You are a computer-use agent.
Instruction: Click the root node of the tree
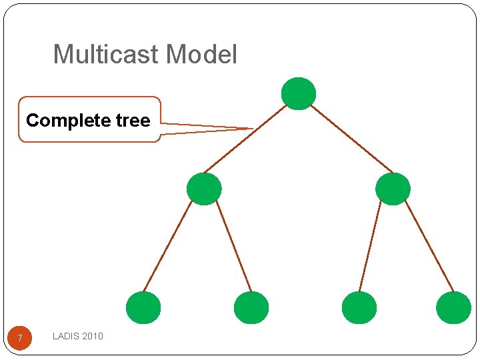click(298, 93)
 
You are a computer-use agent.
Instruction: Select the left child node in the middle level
click(204, 189)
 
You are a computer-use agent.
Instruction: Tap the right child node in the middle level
click(393, 189)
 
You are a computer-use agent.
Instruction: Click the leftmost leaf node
click(143, 307)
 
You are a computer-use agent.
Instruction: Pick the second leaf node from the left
click(251, 307)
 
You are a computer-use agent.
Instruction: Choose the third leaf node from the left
click(359, 307)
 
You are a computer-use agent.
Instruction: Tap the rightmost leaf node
click(453, 307)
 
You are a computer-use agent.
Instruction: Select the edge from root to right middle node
click(351, 139)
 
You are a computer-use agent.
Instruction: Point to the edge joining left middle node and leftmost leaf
click(167, 246)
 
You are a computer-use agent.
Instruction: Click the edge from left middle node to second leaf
click(234, 246)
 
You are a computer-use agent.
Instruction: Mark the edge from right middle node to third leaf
click(370, 246)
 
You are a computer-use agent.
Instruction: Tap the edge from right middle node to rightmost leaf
click(429, 246)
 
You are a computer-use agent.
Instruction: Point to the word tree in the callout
click(134, 121)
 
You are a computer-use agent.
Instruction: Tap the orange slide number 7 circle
click(20, 338)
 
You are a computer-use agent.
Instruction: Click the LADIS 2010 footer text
click(78, 336)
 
